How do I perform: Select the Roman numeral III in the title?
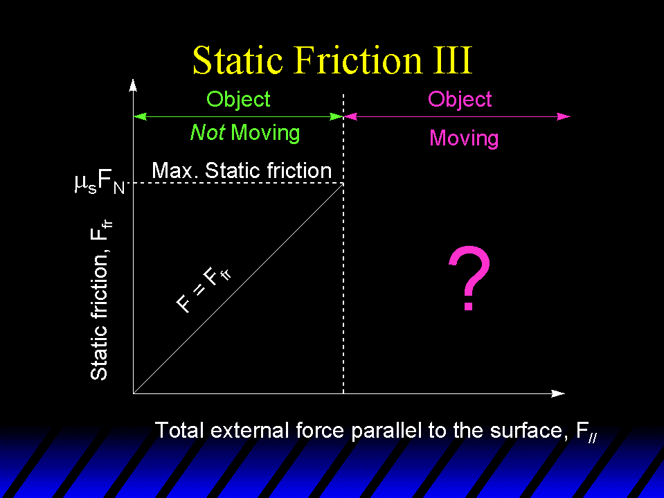pos(454,60)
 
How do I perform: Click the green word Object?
pos(238,100)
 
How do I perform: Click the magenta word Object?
pos(460,100)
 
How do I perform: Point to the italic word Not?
pos(207,132)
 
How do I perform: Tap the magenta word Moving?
pos(464,138)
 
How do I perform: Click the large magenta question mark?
pos(469,278)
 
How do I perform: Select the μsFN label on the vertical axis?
pos(100,184)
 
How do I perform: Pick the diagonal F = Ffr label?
pos(204,290)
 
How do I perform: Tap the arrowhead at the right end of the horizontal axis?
pos(558,393)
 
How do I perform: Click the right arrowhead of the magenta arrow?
pos(564,116)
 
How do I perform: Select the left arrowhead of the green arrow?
pos(140,116)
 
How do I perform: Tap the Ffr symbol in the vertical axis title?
pos(101,229)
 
